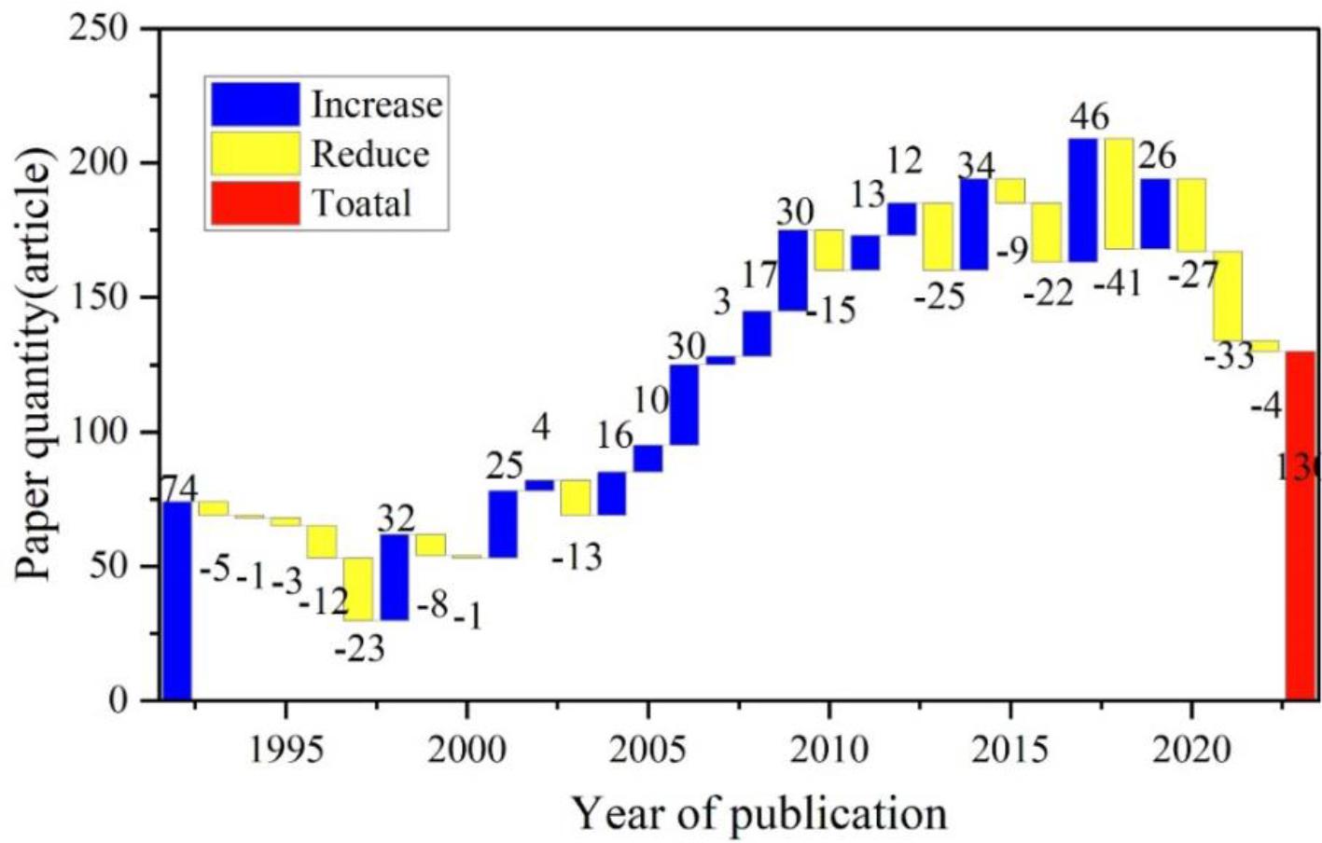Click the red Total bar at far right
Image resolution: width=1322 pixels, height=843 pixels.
[1300, 525]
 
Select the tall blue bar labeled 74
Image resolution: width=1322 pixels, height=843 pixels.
[177, 601]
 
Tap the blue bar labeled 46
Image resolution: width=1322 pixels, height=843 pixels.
[1082, 200]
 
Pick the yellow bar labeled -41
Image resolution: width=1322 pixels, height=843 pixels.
[1119, 193]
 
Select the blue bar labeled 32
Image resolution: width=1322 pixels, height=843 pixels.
[394, 576]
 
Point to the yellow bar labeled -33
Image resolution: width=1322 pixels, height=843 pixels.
[1227, 296]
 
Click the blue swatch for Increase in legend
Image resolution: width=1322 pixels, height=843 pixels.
[255, 104]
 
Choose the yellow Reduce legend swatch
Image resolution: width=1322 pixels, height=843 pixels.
[255, 153]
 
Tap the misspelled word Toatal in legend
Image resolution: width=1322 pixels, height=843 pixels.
[361, 202]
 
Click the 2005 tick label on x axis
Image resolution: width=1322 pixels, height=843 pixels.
[647, 750]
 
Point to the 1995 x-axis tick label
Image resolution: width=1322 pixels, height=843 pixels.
[285, 750]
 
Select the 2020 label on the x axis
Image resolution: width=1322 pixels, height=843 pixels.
[1191, 750]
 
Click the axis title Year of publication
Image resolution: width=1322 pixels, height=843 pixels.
[758, 813]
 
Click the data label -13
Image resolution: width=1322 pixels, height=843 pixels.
[577, 558]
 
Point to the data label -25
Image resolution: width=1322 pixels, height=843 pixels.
[939, 298]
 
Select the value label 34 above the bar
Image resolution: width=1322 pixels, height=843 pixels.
[976, 165]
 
